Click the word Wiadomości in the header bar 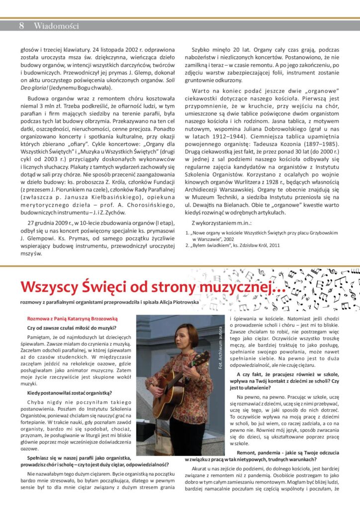[x=56, y=26]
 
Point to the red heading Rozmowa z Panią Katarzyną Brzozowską [x=72, y=318]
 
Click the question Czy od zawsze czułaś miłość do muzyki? [x=72, y=327]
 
